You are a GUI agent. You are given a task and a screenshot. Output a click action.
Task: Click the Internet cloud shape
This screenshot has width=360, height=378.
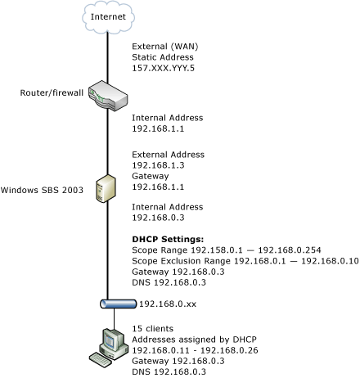click(x=107, y=16)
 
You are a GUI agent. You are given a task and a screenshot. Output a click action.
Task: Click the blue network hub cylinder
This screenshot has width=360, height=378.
click(x=107, y=303)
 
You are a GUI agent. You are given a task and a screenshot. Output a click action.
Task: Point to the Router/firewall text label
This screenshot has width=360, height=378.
click(x=50, y=93)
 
